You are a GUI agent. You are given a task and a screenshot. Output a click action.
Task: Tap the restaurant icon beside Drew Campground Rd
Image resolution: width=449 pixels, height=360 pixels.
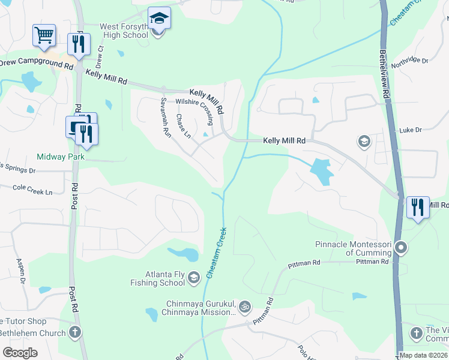click(79, 43)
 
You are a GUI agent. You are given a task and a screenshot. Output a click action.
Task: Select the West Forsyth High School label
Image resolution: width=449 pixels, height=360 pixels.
click(115, 31)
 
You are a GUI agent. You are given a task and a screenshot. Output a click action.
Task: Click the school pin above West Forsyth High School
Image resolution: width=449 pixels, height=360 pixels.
click(159, 19)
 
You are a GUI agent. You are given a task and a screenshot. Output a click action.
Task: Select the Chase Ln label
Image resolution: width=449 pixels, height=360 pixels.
click(183, 126)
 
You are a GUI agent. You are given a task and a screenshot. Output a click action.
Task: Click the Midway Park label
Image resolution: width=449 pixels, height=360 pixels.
click(61, 157)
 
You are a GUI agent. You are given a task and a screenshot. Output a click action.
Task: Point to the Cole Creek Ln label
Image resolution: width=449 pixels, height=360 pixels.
click(33, 188)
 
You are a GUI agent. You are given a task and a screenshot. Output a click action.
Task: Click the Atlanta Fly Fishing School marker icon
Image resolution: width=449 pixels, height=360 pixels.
click(193, 277)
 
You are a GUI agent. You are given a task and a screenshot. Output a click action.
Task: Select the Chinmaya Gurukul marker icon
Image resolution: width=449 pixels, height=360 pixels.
click(244, 307)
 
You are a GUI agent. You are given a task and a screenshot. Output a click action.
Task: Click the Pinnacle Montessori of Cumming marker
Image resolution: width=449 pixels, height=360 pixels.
click(402, 247)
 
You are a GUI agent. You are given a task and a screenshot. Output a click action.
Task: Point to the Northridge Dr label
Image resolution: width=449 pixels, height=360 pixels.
click(410, 61)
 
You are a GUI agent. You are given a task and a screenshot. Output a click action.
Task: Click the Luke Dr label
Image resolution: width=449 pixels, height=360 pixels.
click(411, 130)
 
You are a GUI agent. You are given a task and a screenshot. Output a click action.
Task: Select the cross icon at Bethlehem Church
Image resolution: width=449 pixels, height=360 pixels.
click(74, 331)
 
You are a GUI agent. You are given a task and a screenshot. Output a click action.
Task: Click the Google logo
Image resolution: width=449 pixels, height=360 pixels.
click(20, 353)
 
